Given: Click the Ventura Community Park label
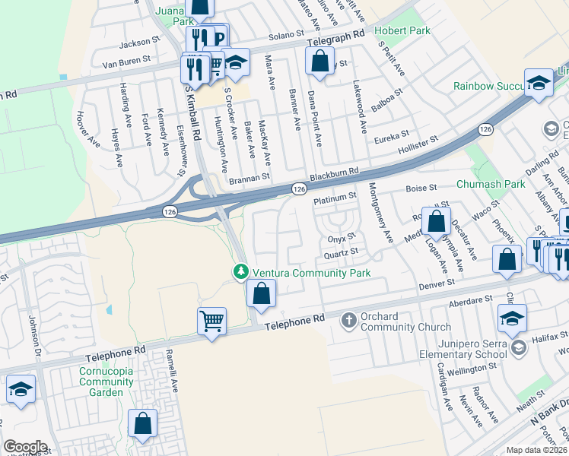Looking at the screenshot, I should click(x=312, y=272).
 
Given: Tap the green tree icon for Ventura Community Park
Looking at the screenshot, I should click(x=241, y=271).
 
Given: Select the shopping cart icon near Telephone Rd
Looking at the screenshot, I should click(x=211, y=320).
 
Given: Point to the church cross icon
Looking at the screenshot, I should click(x=349, y=320).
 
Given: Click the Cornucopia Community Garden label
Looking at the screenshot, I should click(x=100, y=382).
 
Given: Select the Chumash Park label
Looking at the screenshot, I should click(x=491, y=184).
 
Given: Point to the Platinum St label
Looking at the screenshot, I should click(x=335, y=196).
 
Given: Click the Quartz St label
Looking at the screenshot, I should click(x=340, y=252).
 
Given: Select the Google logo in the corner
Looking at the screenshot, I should click(x=25, y=447).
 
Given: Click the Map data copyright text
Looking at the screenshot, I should click(x=537, y=450).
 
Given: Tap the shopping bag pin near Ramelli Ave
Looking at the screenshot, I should click(x=142, y=424).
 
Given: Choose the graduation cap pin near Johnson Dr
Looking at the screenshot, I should click(x=21, y=389).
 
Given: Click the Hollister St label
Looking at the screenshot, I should click(x=418, y=142).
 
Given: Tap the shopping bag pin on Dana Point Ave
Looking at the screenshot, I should click(x=320, y=59).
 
